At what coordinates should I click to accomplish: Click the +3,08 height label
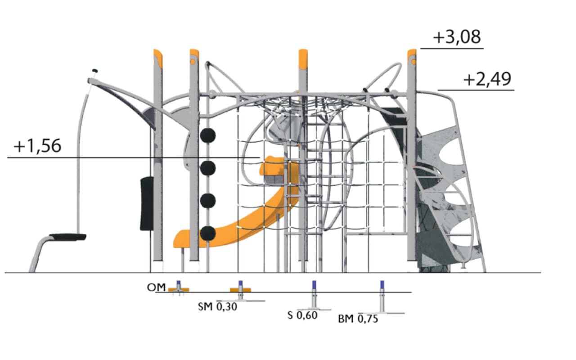[457, 37]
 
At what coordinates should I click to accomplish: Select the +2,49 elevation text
[487, 80]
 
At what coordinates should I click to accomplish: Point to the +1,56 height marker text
[37, 146]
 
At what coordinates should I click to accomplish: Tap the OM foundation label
[156, 288]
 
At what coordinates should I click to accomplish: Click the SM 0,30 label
[217, 306]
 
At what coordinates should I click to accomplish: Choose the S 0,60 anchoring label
[302, 315]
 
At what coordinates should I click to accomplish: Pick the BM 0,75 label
[358, 319]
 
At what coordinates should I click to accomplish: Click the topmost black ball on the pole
[208, 135]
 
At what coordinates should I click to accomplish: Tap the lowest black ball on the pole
[208, 233]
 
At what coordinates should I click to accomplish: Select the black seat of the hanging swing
[67, 237]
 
